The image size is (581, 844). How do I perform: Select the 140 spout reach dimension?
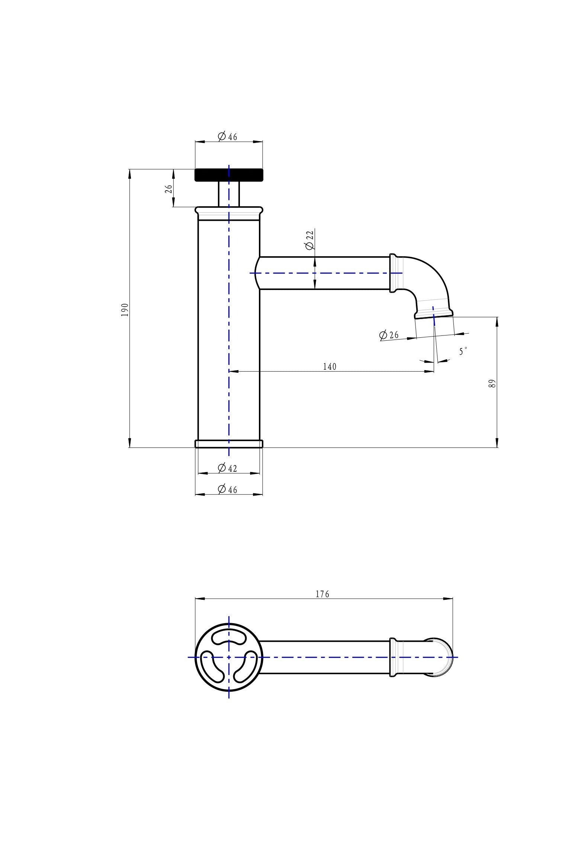tap(330, 367)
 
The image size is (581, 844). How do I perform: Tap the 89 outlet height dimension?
tap(491, 384)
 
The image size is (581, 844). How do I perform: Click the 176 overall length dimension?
tap(322, 594)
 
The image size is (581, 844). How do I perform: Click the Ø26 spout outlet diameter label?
tap(389, 335)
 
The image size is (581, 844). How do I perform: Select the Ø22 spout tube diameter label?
tap(309, 240)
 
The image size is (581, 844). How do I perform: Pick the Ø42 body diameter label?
tap(227, 468)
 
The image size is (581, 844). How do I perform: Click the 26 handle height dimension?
tap(168, 189)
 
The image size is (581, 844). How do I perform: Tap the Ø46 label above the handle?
tap(227, 137)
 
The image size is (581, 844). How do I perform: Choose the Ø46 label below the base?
tap(227, 489)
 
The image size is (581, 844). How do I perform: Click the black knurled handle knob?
tap(229, 175)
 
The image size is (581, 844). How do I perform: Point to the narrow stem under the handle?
tap(229, 194)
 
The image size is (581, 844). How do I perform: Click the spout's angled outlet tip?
tap(434, 316)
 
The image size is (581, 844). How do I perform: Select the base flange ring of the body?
tap(229, 444)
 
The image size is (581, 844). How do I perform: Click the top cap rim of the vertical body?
tap(229, 211)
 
